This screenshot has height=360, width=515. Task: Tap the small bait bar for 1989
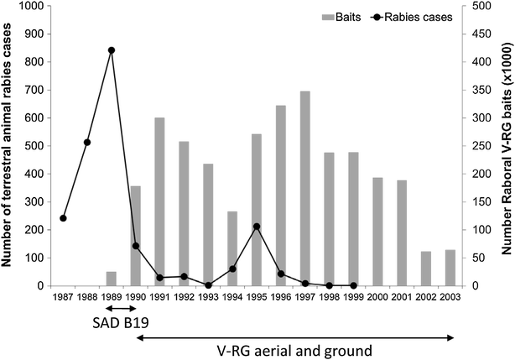click(111, 279)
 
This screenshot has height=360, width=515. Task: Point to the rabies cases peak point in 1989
click(112, 50)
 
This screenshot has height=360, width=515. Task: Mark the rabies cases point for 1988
click(87, 142)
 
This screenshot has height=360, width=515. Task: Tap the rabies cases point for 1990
click(136, 246)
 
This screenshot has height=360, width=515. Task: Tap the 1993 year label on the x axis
click(209, 297)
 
